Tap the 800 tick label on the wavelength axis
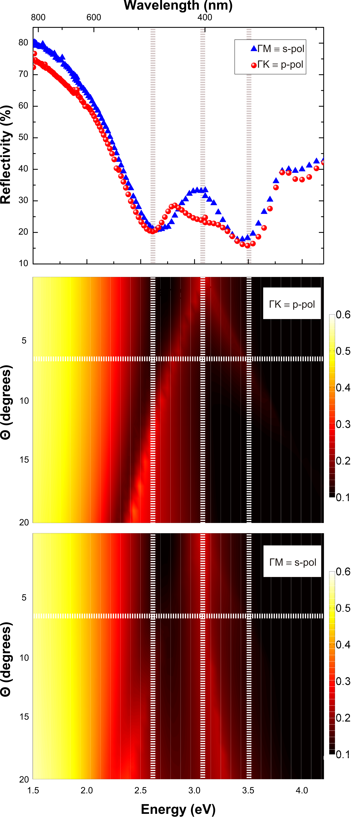tap(38, 17)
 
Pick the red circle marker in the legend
tap(254, 65)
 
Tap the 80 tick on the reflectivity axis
tap(23, 42)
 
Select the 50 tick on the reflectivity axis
tap(23, 137)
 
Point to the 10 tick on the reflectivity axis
tap(23, 263)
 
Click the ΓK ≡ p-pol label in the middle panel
tap(292, 305)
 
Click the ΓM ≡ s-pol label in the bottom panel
tap(292, 562)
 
